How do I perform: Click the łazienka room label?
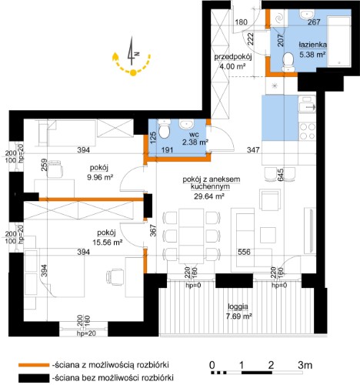(312, 45)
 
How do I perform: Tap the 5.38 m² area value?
(312, 55)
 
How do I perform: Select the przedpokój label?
(233, 57)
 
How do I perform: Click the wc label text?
(194, 135)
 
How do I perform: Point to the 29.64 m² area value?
(209, 196)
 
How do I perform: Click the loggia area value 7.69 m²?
(238, 316)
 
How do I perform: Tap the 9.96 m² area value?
(100, 177)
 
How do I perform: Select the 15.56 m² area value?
(107, 243)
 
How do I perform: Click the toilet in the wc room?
(164, 128)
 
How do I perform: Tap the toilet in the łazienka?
(288, 62)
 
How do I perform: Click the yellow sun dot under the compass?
(132, 73)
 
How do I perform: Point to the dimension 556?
(244, 252)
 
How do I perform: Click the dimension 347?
(253, 149)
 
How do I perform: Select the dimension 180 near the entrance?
(242, 22)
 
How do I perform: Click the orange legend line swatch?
(33, 365)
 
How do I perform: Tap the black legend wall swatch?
(33, 378)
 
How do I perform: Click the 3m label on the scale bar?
(305, 365)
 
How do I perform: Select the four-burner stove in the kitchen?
(307, 131)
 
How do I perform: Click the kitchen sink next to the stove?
(307, 105)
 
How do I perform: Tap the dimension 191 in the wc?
(168, 149)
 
